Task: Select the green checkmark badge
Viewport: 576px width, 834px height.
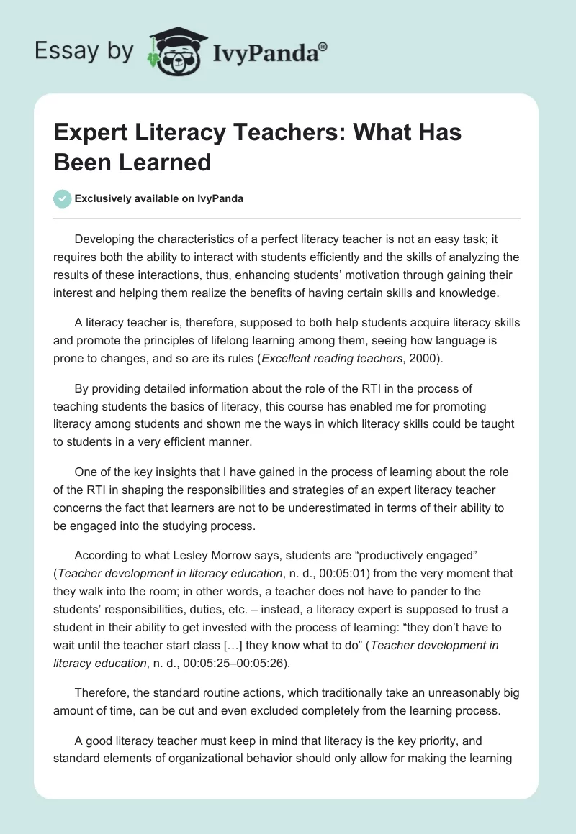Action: click(63, 199)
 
